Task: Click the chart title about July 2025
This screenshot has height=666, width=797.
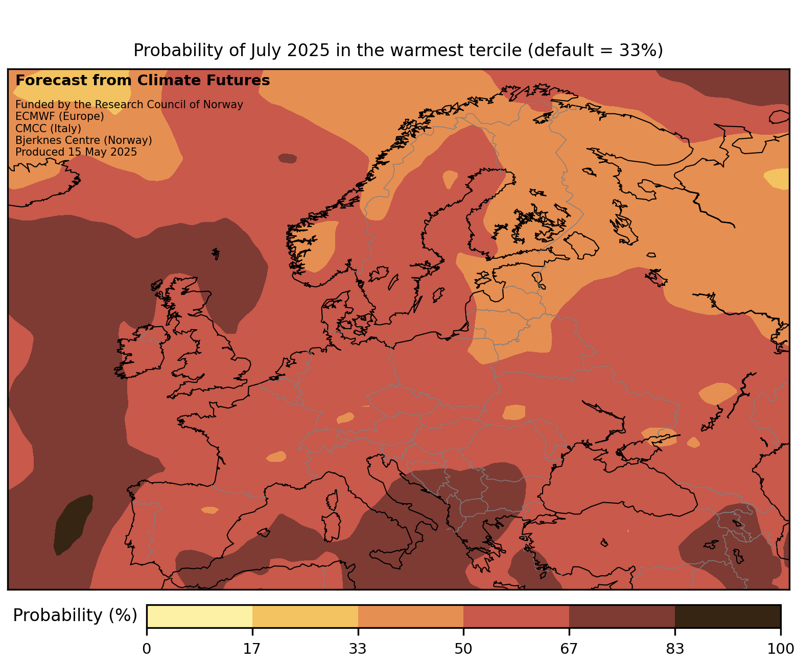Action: click(398, 51)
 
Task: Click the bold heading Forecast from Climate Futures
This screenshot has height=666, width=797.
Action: click(143, 81)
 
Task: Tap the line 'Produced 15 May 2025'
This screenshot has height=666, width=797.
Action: click(76, 152)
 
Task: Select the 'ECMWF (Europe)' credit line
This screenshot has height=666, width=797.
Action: click(60, 116)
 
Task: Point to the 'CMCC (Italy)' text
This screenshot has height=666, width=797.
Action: click(48, 128)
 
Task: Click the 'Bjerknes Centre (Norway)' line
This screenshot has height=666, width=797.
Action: click(84, 140)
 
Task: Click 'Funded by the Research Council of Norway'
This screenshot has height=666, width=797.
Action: click(129, 105)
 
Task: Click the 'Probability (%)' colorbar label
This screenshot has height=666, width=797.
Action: click(75, 615)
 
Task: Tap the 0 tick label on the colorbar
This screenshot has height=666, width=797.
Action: click(147, 649)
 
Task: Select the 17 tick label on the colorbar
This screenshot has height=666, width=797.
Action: click(252, 649)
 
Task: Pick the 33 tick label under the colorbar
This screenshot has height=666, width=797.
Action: click(358, 649)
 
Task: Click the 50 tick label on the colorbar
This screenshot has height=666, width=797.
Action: click(463, 649)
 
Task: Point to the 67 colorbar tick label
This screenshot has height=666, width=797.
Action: click(569, 649)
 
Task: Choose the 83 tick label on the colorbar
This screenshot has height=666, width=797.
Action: click(675, 649)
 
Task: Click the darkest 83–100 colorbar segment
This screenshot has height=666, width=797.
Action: click(728, 616)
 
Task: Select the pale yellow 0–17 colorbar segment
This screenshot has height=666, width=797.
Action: click(199, 616)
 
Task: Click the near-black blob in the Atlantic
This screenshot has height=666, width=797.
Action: click(73, 523)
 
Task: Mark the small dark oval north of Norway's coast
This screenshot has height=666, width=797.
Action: click(287, 158)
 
